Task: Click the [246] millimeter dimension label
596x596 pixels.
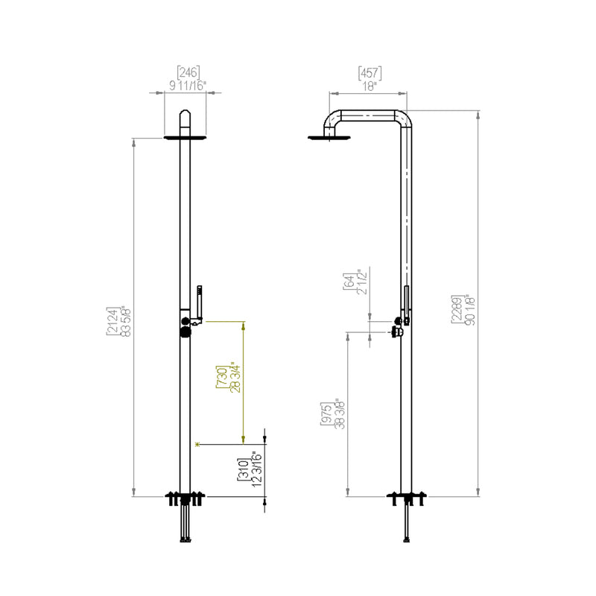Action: [188, 72]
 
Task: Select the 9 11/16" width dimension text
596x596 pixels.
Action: [188, 85]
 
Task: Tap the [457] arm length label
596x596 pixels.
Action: [370, 72]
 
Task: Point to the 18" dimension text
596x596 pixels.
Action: [370, 85]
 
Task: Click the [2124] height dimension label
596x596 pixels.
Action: [112, 321]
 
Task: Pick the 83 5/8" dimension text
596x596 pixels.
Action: [124, 321]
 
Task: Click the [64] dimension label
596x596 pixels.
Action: [348, 282]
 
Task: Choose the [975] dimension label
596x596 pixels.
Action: [326, 410]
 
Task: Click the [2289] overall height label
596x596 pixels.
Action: [456, 308]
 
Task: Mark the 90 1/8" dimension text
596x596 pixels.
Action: [469, 308]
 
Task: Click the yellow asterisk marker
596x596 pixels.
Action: [197, 445]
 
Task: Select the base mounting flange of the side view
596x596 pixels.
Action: [406, 495]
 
